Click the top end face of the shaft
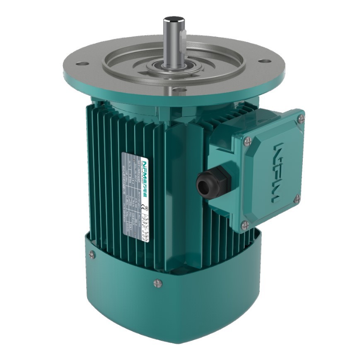pyautogui.click(x=172, y=19)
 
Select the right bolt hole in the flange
pyautogui.click(x=262, y=61)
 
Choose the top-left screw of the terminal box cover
pyautogui.click(x=248, y=140)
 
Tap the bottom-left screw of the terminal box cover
pyautogui.click(x=245, y=225)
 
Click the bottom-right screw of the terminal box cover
pyautogui.click(x=297, y=200)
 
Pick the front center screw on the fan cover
pyautogui.click(x=156, y=283)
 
